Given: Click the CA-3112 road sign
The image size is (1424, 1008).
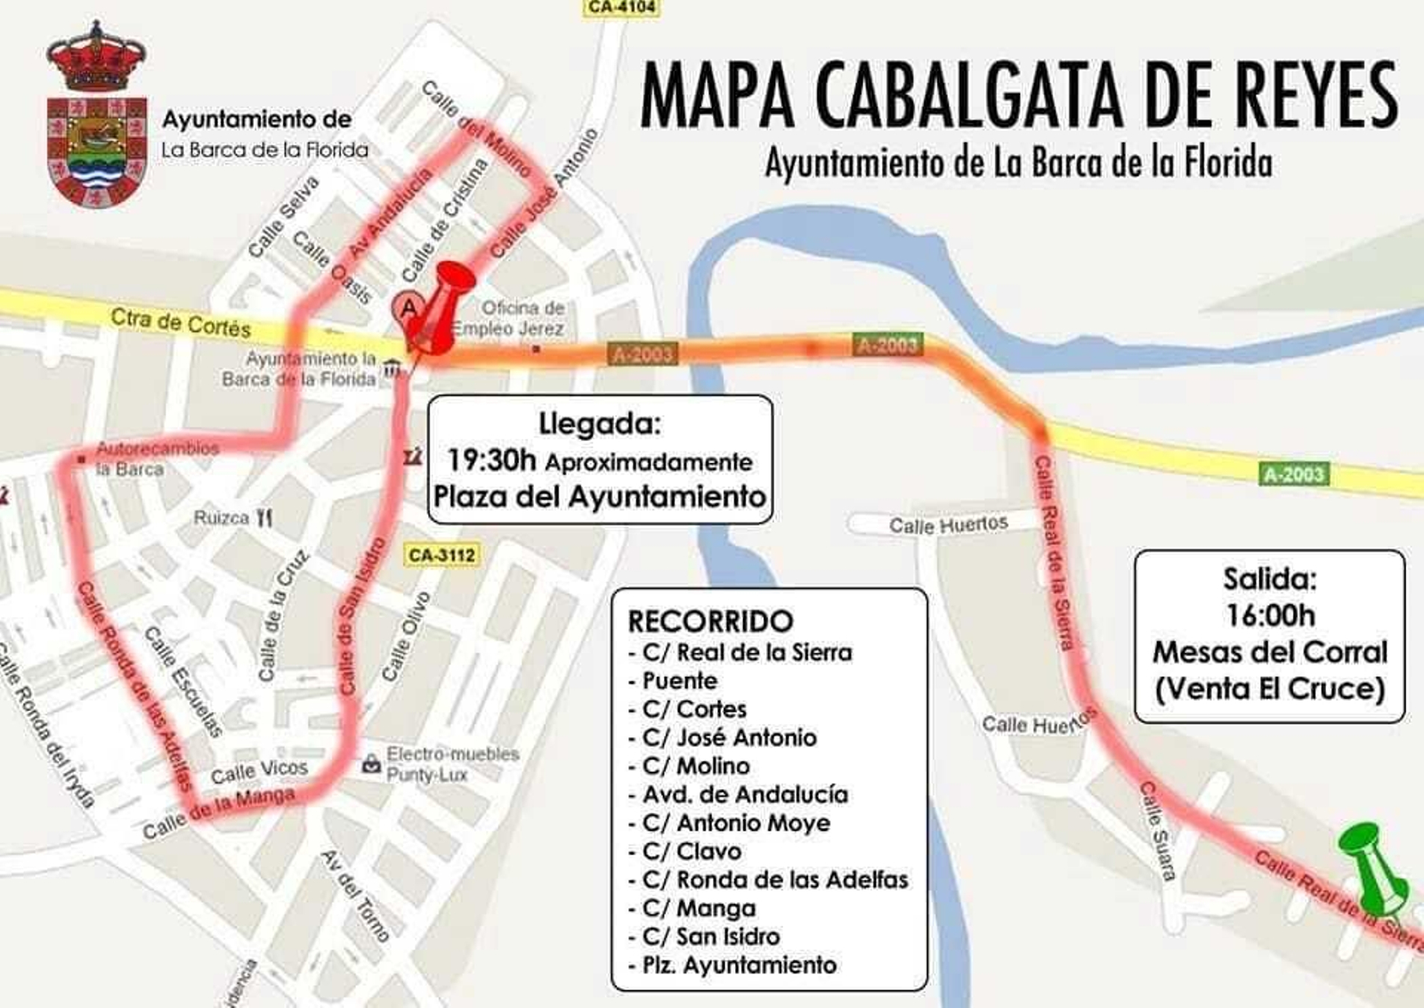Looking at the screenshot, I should pyautogui.click(x=442, y=556).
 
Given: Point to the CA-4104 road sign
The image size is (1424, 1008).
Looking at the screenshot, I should pyautogui.click(x=621, y=8).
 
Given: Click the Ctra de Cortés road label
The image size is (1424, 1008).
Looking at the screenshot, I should pyautogui.click(x=181, y=322).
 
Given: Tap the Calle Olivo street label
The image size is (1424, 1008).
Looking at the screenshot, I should pyautogui.click(x=406, y=636).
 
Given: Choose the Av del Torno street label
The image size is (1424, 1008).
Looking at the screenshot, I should pyautogui.click(x=355, y=895).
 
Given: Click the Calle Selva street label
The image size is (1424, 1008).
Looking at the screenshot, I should pyautogui.click(x=283, y=216).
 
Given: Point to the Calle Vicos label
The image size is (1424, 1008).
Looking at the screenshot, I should pyautogui.click(x=259, y=771).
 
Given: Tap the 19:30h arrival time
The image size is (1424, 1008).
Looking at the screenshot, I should pyautogui.click(x=491, y=460).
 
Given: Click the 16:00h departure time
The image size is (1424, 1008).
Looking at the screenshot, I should pyautogui.click(x=1269, y=615).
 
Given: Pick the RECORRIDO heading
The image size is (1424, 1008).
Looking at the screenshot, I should pyautogui.click(x=710, y=621).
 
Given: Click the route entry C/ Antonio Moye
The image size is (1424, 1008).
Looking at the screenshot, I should pyautogui.click(x=735, y=823).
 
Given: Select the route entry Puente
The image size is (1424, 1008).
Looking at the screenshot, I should pyautogui.click(x=679, y=681).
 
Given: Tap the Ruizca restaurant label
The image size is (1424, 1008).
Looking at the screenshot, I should pyautogui.click(x=222, y=518).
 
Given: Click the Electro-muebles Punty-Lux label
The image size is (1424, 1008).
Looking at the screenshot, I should pyautogui.click(x=452, y=764).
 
